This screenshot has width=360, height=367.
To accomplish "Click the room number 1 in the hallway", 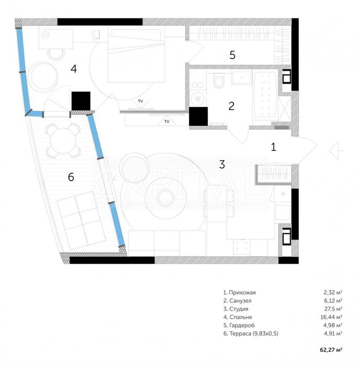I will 273,147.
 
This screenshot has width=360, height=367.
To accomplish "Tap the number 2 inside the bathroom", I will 231,105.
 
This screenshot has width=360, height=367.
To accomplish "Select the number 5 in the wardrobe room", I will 233,54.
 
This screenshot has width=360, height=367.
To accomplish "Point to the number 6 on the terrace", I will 71,177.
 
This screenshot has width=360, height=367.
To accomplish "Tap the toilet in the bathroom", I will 219,80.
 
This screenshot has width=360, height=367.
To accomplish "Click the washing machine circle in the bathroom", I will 198,98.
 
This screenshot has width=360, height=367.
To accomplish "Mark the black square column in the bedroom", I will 81,101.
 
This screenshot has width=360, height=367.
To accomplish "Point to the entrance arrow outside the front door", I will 336,151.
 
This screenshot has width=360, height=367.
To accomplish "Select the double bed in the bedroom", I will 134,55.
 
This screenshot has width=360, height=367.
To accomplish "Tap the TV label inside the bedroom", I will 140,100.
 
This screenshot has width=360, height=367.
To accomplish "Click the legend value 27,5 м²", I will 332,309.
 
